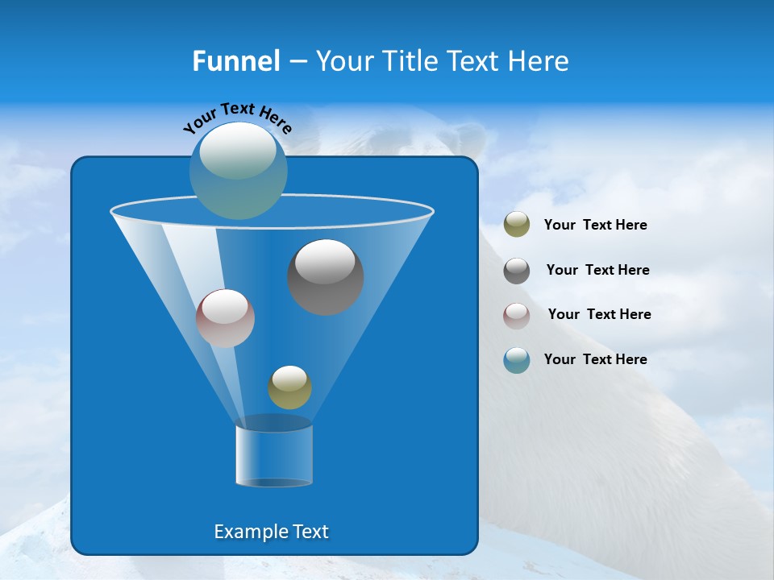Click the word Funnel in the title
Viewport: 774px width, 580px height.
[236, 61]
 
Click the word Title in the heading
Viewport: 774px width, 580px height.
[407, 61]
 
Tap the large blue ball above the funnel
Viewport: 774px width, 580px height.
[239, 170]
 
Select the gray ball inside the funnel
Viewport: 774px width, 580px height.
[325, 276]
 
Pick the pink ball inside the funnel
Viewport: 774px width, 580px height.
[225, 318]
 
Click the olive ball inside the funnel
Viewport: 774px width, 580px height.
[289, 387]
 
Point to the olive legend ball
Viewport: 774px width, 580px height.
[517, 224]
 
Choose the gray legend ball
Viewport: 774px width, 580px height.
[517, 271]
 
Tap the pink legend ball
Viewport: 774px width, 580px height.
[517, 316]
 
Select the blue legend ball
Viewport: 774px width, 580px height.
[517, 360]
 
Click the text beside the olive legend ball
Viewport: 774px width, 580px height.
[595, 226]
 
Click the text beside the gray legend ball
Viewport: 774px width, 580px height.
[597, 271]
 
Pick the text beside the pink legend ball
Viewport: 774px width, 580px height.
[599, 315]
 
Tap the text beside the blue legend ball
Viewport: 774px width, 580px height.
[595, 359]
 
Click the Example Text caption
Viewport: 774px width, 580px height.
[271, 532]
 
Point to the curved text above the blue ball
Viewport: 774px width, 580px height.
[238, 117]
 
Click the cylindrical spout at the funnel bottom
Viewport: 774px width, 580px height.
[274, 455]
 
